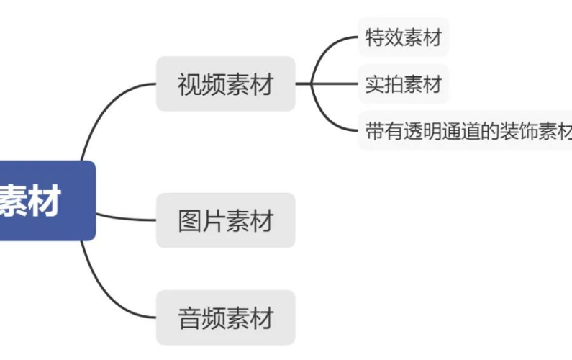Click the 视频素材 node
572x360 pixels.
coord(225,84)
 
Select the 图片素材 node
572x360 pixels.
coord(225,220)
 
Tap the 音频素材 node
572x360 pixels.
coord(225,318)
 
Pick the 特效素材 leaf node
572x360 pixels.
coord(403,37)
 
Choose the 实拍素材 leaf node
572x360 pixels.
coord(403,84)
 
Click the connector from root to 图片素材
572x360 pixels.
coord(126,217)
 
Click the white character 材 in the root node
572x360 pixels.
coord(45,200)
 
